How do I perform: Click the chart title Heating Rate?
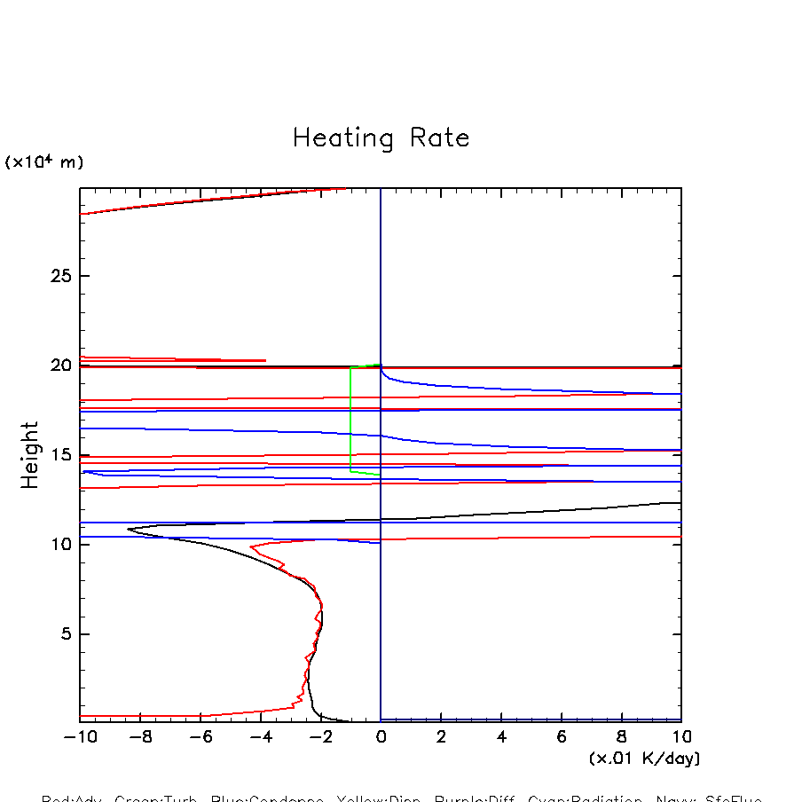[381, 138]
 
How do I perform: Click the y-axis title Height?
[31, 455]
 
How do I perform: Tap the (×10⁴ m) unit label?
[44, 162]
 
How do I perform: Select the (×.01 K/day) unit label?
[644, 759]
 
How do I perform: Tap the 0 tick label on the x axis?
[381, 737]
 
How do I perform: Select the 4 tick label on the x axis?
[501, 737]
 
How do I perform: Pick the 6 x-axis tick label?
[562, 737]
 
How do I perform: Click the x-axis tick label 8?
[622, 737]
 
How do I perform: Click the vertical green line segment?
[350, 417]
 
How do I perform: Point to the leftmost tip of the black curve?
[129, 530]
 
